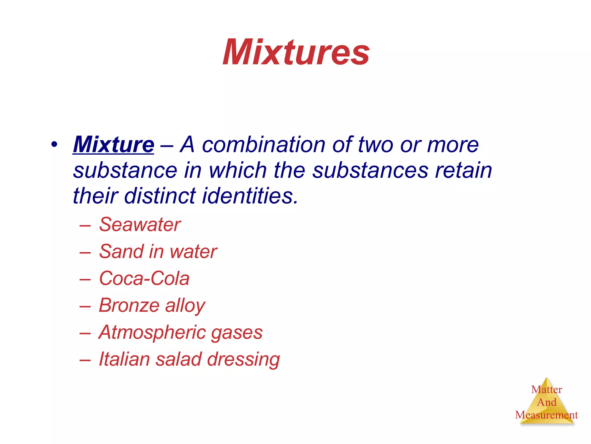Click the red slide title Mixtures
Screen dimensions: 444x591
pos(296,53)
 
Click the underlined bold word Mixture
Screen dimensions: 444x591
pos(113,145)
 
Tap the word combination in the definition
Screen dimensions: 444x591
pos(263,145)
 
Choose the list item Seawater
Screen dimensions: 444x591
pos(140,224)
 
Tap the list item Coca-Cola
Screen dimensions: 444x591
pos(144,278)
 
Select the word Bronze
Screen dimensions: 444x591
pos(129,305)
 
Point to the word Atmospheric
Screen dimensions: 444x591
pos(152,332)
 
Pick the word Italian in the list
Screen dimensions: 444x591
pos(124,359)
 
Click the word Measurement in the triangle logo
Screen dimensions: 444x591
pos(546,415)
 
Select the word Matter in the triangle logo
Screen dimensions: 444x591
pos(547,390)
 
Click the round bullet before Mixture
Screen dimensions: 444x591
pos(54,144)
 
